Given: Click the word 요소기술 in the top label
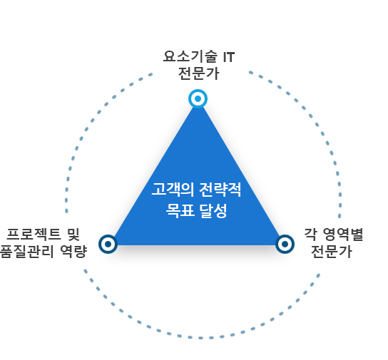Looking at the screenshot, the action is (x=190, y=56).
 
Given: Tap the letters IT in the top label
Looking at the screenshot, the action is (x=229, y=57).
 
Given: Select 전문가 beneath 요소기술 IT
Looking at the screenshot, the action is (x=198, y=73).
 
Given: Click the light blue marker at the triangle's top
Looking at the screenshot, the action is (x=198, y=98).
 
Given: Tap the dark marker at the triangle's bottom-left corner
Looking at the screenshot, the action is (x=108, y=244).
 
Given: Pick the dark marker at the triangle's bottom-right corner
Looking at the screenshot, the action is (x=285, y=244).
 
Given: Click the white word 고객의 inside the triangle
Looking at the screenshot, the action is (x=173, y=190).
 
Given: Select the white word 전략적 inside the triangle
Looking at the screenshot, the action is (x=220, y=190).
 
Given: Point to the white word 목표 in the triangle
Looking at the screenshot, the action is (x=180, y=211).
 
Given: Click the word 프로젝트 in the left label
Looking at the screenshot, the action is (x=34, y=235).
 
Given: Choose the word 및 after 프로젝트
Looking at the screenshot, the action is (x=73, y=235).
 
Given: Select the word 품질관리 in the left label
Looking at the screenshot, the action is (x=26, y=252).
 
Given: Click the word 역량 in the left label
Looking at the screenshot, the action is (x=73, y=252).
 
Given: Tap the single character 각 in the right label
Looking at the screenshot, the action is (x=310, y=235).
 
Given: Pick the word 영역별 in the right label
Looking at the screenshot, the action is (x=343, y=235).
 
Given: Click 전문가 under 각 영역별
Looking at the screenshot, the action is (x=332, y=252).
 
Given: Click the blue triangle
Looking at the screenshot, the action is (x=197, y=197).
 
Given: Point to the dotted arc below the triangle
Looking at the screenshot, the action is (x=201, y=338).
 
